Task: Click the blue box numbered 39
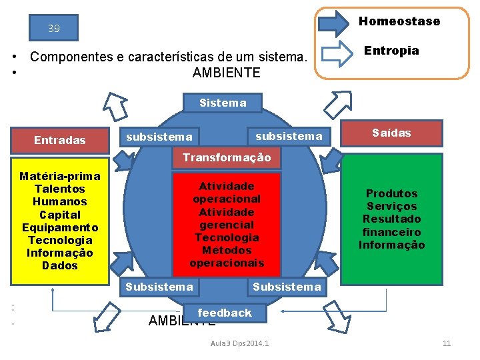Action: click(54, 29)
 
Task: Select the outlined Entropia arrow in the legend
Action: click(335, 53)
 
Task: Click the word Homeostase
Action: click(399, 21)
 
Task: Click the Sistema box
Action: click(223, 103)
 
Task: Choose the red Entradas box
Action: click(60, 140)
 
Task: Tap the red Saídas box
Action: click(392, 133)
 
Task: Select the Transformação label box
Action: click(227, 157)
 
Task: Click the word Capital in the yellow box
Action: click(60, 215)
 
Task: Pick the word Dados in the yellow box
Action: click(60, 265)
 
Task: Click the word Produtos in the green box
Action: click(392, 193)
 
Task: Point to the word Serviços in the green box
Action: click(392, 206)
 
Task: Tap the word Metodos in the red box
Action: click(227, 250)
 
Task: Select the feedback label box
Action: click(225, 313)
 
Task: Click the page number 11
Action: click(447, 343)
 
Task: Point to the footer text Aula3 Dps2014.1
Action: click(239, 343)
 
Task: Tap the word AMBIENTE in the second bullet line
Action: click(227, 73)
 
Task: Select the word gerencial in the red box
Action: click(227, 225)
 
